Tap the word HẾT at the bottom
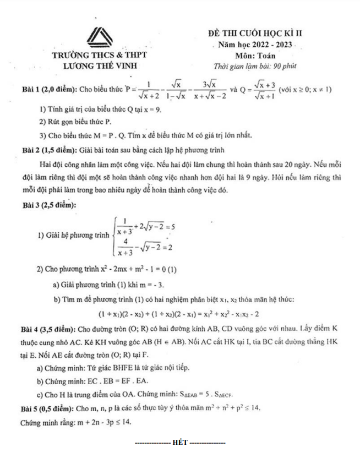tap(180, 442)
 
